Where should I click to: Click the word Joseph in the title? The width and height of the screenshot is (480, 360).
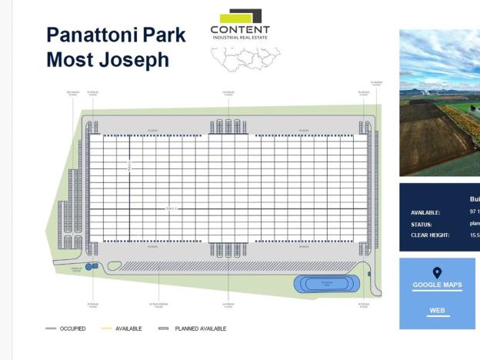point(131,60)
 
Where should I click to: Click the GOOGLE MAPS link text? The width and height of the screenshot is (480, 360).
point(437,285)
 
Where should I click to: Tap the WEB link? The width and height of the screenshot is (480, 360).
point(438,311)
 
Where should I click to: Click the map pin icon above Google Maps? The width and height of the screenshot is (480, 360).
point(437,272)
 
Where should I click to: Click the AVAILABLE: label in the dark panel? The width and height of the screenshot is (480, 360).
point(425,212)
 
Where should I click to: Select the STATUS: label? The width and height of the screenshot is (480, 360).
point(422,225)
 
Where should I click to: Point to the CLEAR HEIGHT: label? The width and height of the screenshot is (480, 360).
point(430,235)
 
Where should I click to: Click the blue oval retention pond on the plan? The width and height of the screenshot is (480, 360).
point(326,284)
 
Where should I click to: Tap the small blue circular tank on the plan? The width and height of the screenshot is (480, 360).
point(88,266)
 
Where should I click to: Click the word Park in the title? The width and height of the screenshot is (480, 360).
point(166,35)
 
